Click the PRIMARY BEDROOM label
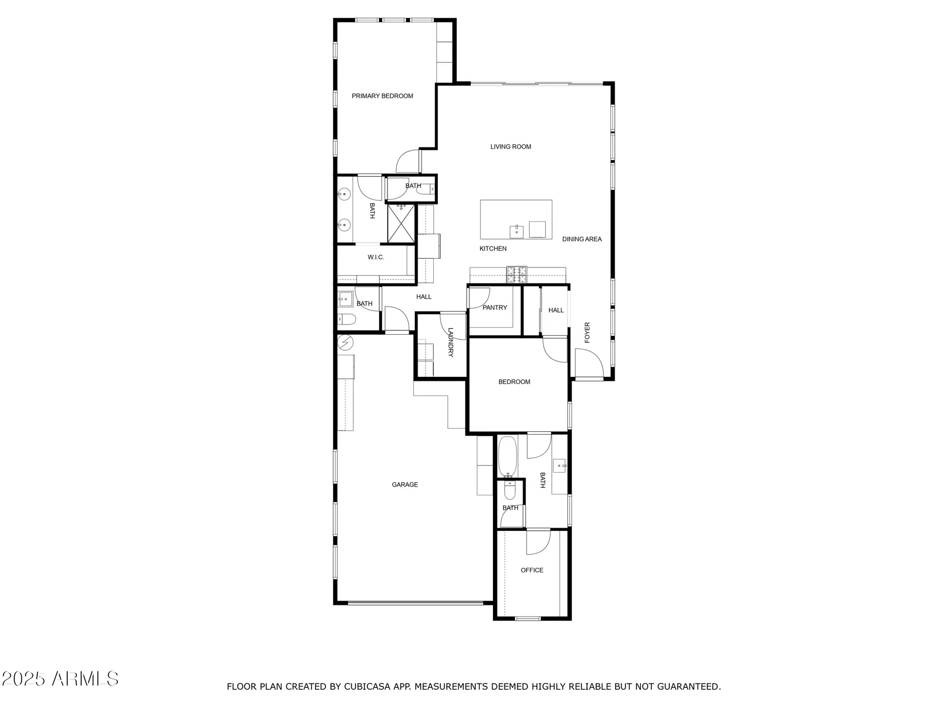pos(382,96)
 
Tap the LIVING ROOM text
pos(510,147)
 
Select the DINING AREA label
pos(582,239)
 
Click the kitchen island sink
pos(516,232)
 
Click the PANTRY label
pos(494,308)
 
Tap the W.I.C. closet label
pos(375,257)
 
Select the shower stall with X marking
pos(401,224)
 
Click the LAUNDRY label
pos(450,342)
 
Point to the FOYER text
pos(587,333)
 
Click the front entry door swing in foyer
pos(588,363)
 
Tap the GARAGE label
pos(404,484)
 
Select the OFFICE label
pos(532,570)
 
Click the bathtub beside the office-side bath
pos(507,456)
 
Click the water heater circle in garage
pos(346,342)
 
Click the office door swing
pos(538,542)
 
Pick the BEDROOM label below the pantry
pos(514,382)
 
